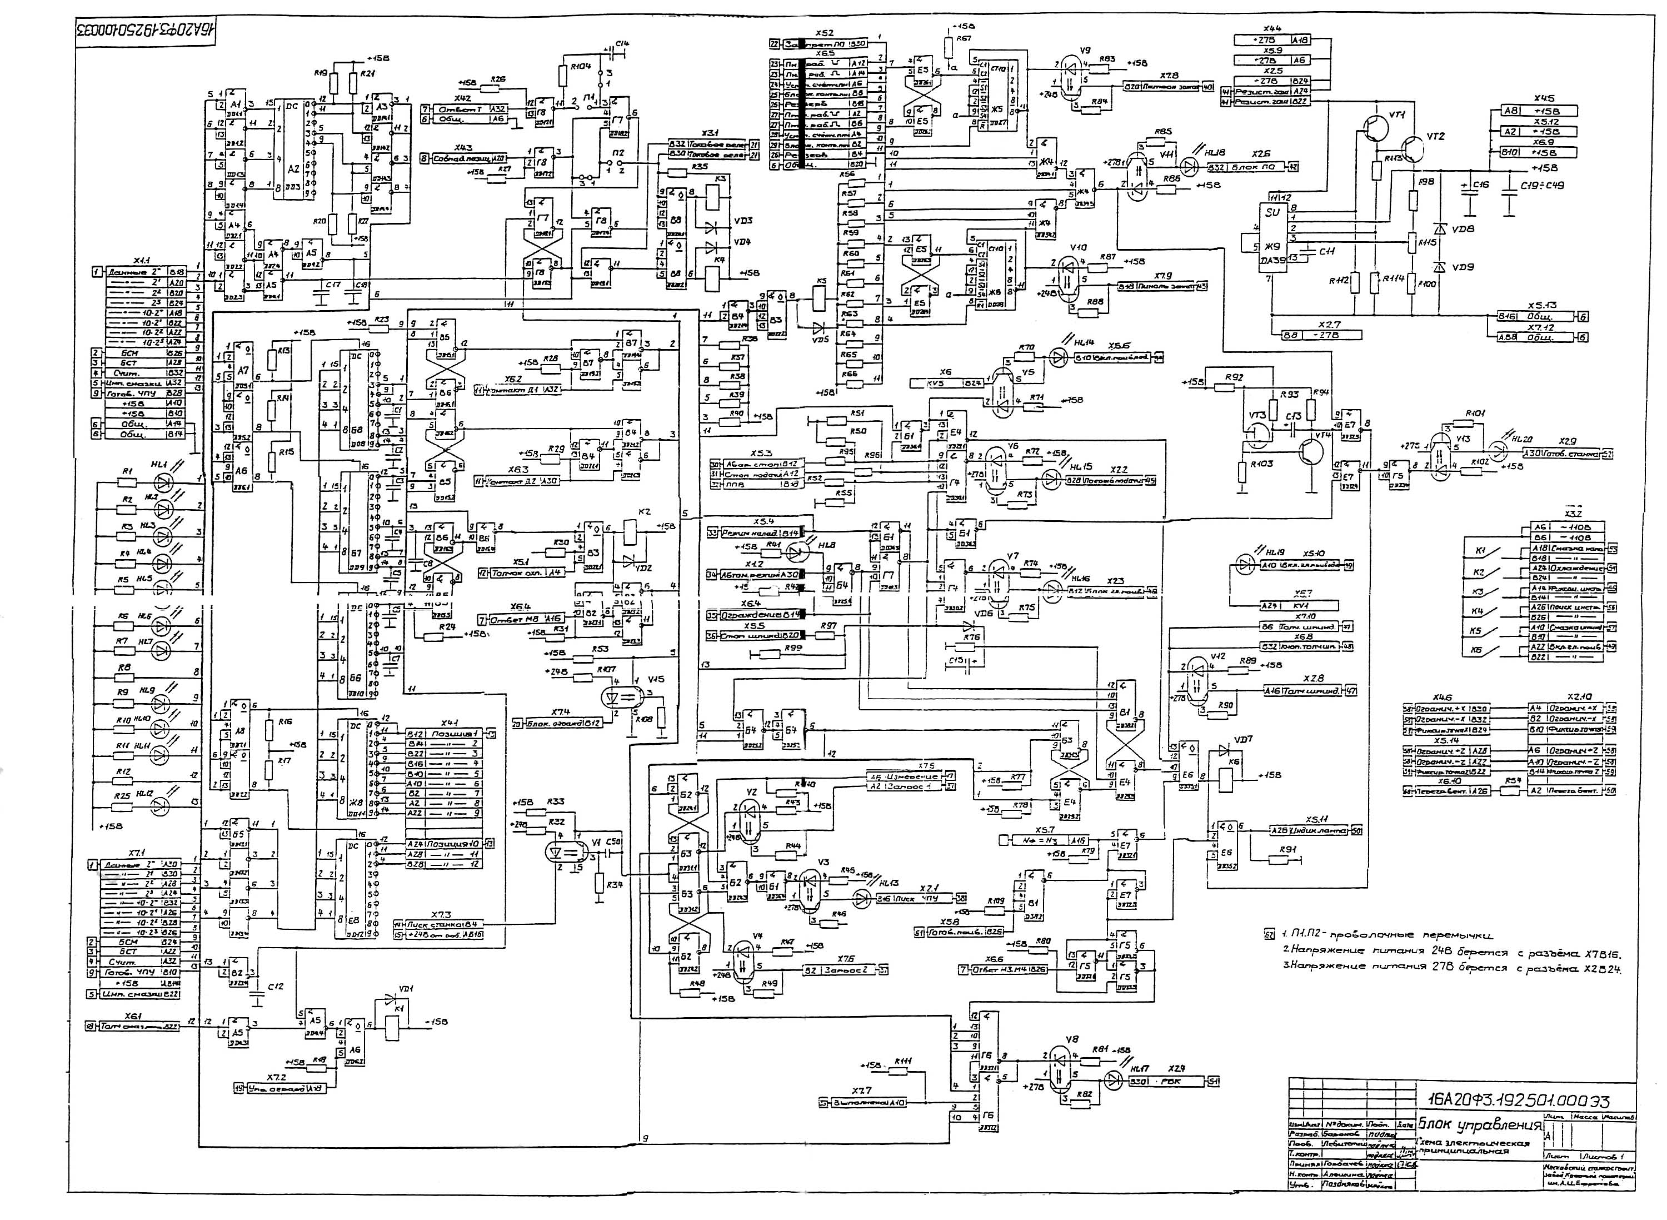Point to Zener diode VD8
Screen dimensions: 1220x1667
(x=1438, y=229)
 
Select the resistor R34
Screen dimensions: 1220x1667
(x=600, y=884)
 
